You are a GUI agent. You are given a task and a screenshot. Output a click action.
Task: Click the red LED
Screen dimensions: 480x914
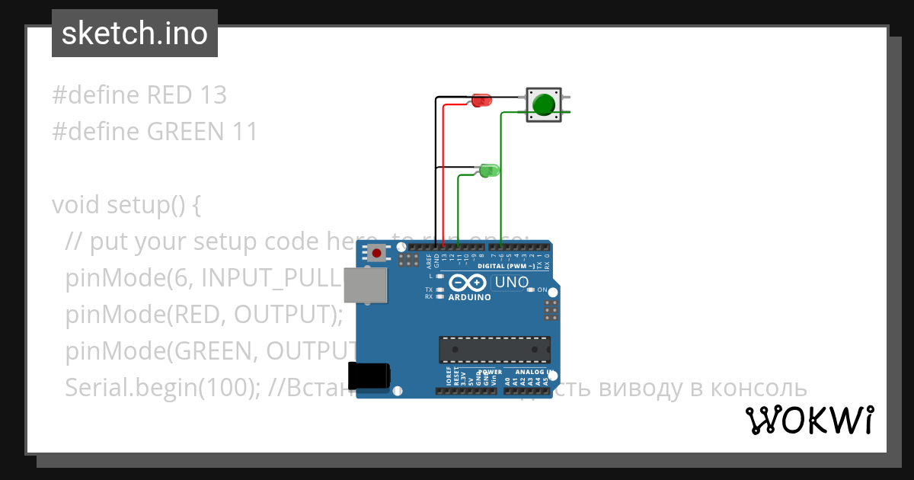[481, 101]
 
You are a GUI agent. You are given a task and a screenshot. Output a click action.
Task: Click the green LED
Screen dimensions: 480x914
[488, 171]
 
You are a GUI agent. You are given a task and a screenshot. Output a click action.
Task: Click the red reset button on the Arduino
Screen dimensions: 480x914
[376, 253]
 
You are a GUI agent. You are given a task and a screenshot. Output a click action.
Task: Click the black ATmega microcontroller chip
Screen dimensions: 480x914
[494, 349]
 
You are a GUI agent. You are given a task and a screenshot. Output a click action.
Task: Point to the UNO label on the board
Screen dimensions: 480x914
[512, 283]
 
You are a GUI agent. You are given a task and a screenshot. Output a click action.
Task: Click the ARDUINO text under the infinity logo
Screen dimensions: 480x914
[470, 298]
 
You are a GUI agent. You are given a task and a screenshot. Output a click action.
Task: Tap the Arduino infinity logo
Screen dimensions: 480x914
[468, 283]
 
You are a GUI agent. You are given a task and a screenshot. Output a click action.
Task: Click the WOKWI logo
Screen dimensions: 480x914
[809, 421]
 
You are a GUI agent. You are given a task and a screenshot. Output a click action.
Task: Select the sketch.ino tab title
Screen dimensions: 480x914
[135, 34]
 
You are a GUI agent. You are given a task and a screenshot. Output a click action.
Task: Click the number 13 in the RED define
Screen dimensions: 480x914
[213, 95]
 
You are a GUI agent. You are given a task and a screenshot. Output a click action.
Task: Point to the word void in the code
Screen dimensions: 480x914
[76, 205]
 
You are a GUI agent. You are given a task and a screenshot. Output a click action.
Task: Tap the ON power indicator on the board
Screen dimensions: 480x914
[542, 290]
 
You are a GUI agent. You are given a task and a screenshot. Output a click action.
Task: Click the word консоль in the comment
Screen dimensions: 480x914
[759, 388]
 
